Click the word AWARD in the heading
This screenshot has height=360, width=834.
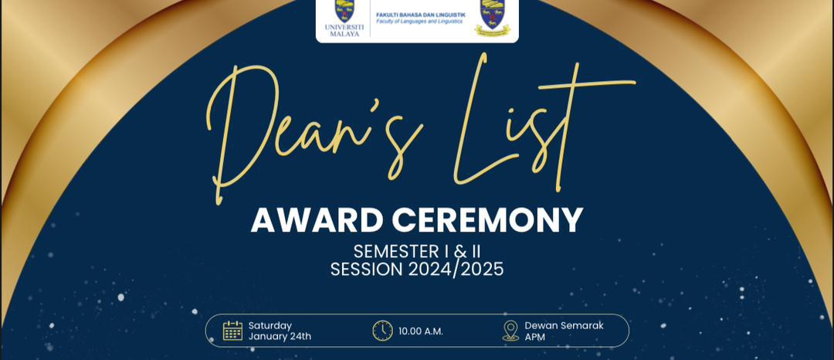click(317, 220)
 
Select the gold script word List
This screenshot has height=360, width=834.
click(543, 122)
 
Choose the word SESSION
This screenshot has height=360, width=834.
click(367, 269)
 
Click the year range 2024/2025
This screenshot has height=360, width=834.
click(456, 269)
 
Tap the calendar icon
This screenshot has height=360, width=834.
click(232, 330)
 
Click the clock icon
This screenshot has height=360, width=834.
click(382, 330)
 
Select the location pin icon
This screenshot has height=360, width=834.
click(510, 331)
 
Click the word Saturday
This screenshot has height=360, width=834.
click(270, 325)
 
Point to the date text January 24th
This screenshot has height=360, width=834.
click(280, 337)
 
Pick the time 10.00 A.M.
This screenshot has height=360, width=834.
click(421, 331)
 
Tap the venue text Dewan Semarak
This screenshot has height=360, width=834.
click(564, 325)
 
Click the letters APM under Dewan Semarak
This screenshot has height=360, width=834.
click(535, 337)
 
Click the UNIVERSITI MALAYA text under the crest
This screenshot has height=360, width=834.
click(344, 30)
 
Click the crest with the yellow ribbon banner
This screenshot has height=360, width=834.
click(493, 18)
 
